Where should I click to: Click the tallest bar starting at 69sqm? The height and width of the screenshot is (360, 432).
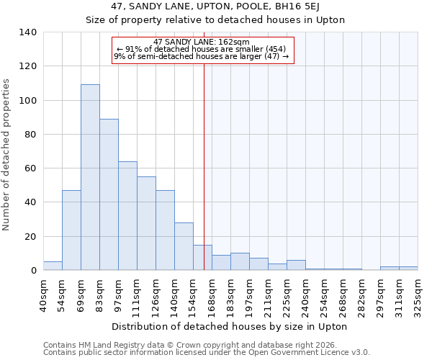click(x=90, y=177)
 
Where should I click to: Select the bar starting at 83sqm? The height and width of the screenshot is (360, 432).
click(x=109, y=194)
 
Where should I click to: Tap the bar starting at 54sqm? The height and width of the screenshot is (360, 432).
click(x=71, y=230)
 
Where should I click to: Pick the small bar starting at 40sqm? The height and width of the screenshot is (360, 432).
click(x=53, y=266)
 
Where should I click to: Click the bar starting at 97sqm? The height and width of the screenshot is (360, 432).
click(x=127, y=216)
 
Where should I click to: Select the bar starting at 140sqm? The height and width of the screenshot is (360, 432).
click(x=184, y=246)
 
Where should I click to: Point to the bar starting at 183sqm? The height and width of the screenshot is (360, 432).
click(x=240, y=262)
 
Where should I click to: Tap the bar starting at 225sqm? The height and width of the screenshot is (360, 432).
click(x=296, y=265)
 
